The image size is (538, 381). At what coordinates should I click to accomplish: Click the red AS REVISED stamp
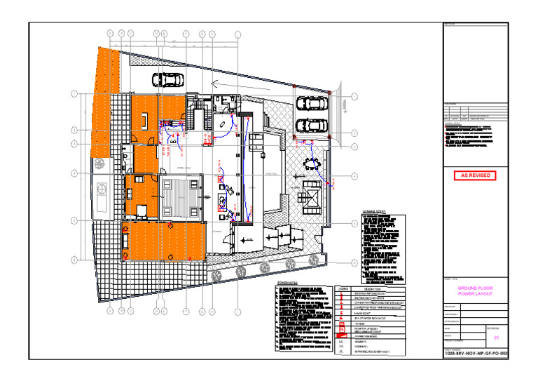point(474,175)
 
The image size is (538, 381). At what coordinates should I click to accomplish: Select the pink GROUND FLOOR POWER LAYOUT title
point(475,292)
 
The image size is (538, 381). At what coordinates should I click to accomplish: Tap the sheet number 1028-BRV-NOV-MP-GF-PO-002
point(474,354)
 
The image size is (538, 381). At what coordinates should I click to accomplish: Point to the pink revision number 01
point(497,337)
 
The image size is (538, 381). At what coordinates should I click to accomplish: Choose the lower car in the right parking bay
point(311,126)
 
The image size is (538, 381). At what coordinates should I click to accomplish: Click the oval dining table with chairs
point(312,165)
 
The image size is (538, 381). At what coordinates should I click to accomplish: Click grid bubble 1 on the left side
point(74,94)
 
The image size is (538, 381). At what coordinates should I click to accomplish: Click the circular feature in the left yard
point(102,189)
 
